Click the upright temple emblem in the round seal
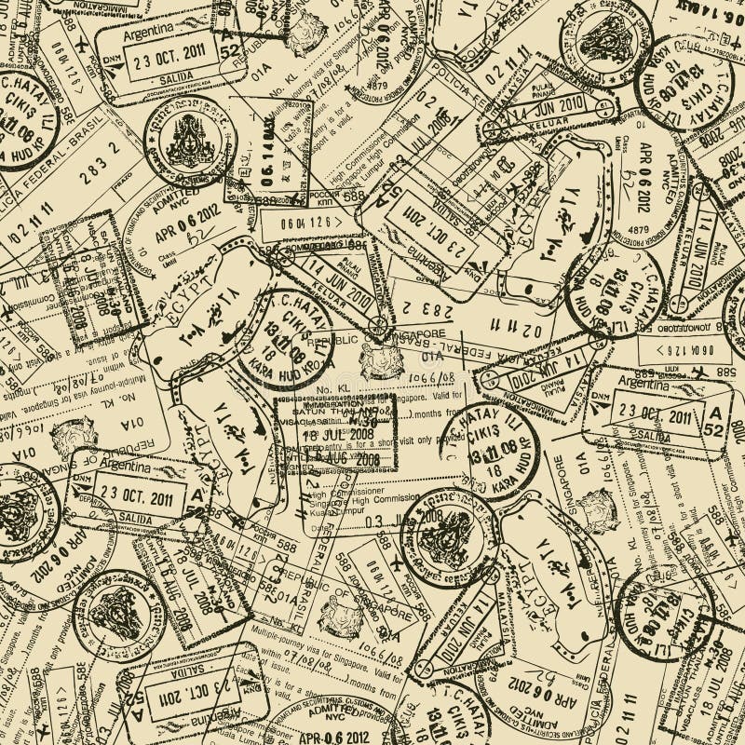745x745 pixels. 192,140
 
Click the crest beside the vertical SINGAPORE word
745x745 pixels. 597,508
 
